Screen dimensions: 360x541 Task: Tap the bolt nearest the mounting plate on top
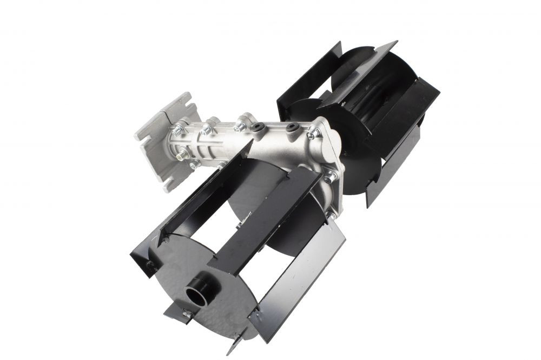(x=179, y=131)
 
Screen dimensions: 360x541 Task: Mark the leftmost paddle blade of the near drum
(x=173, y=216)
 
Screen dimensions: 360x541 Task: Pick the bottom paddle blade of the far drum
(x=390, y=173)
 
